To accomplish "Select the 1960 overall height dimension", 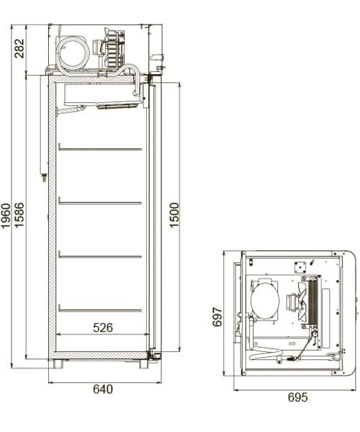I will point(6,216).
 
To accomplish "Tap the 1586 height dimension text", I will point(19,216).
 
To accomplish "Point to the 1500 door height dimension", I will point(174,216).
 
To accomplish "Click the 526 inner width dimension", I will point(103,328).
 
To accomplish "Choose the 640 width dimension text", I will point(103,390).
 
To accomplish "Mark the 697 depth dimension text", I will point(218,315).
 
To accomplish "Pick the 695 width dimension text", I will point(297,397).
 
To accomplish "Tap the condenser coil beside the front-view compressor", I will point(114,49).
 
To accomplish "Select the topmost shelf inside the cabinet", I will point(99,149).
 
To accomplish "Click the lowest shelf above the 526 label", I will point(99,310).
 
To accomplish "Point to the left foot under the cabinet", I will point(58,364).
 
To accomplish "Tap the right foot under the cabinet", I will point(143,364).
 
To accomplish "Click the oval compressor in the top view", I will point(264,299).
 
